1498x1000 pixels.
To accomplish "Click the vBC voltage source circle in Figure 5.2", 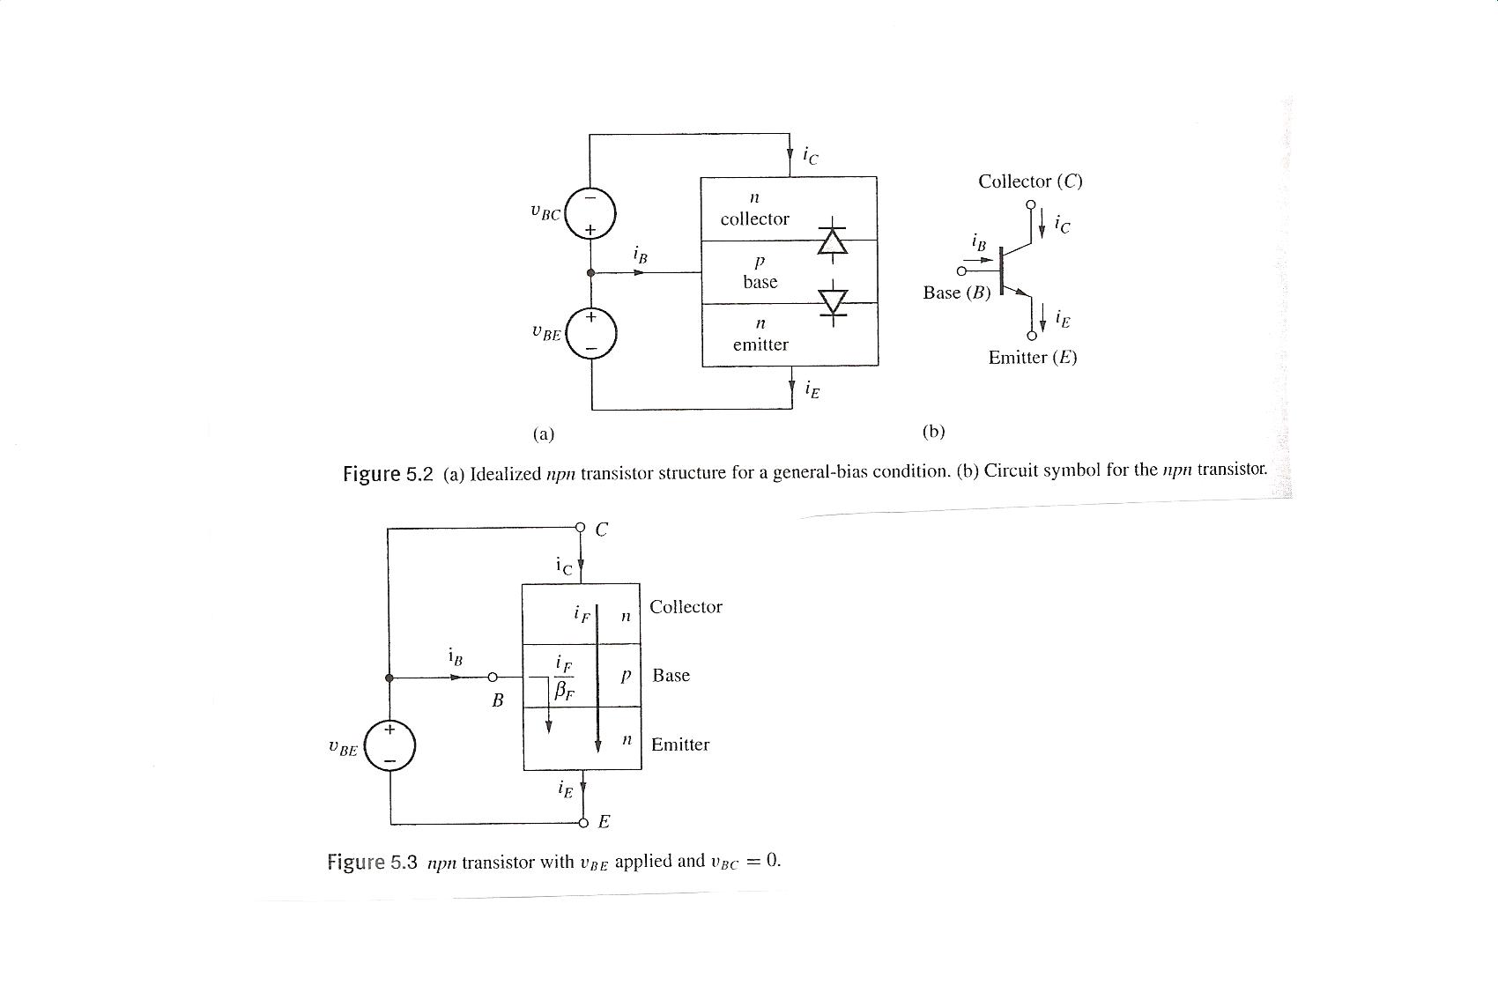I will pyautogui.click(x=590, y=214).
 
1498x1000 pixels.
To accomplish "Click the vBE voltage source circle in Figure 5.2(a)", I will pyautogui.click(x=591, y=332).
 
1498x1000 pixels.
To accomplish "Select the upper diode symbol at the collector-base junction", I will pyautogui.click(x=832, y=241).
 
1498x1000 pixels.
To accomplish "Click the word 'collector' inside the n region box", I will pyautogui.click(x=755, y=219).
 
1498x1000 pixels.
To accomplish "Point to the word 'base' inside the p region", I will pyautogui.click(x=760, y=282).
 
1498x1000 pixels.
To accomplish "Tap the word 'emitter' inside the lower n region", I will pyautogui.click(x=760, y=344).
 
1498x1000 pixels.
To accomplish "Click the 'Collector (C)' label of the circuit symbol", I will pyautogui.click(x=1030, y=181).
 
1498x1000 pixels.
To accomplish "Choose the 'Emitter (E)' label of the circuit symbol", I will pyautogui.click(x=1032, y=358).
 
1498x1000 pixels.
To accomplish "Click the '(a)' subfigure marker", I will pyautogui.click(x=544, y=433).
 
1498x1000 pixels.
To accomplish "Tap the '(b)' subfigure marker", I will pyautogui.click(x=933, y=432).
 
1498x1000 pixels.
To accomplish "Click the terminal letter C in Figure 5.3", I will pyautogui.click(x=602, y=530).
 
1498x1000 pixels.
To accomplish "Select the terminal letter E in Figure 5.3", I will pyautogui.click(x=604, y=822).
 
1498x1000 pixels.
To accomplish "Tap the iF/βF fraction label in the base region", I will pyautogui.click(x=564, y=677).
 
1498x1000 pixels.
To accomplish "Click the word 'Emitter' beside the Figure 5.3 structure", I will pyautogui.click(x=679, y=744).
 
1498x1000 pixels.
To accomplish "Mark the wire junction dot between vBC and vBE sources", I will pyautogui.click(x=591, y=273).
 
